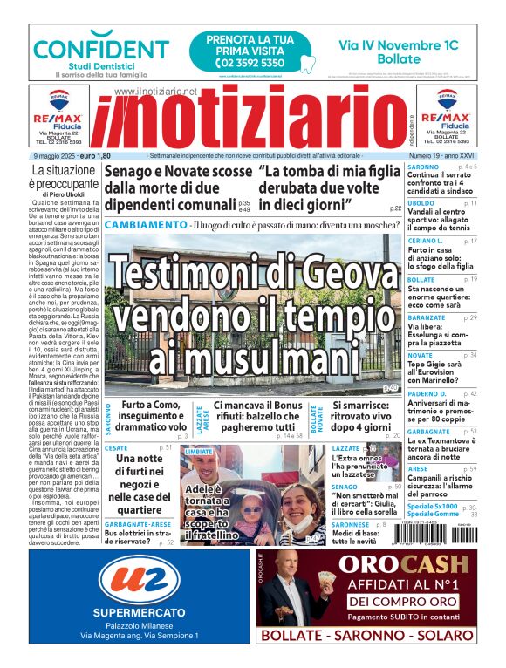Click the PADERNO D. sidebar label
(428, 394)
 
